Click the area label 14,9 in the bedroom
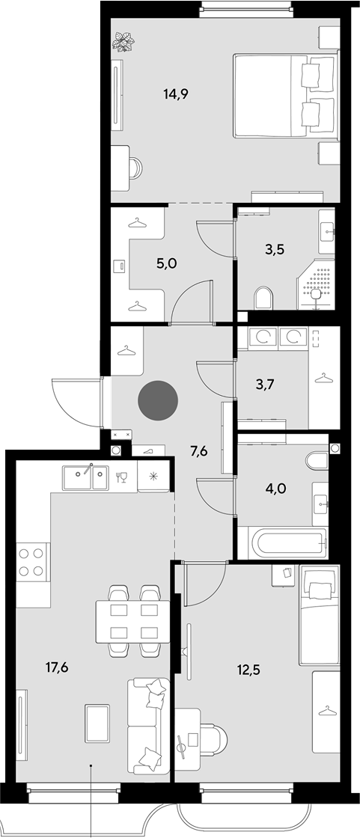[x=176, y=94]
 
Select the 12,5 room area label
[x=249, y=667]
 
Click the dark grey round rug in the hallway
[x=158, y=400]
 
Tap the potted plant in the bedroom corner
[x=123, y=41]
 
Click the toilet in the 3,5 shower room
[x=263, y=298]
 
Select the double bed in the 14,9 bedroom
[x=286, y=96]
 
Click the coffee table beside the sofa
[x=97, y=723]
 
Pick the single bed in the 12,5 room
[x=319, y=614]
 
